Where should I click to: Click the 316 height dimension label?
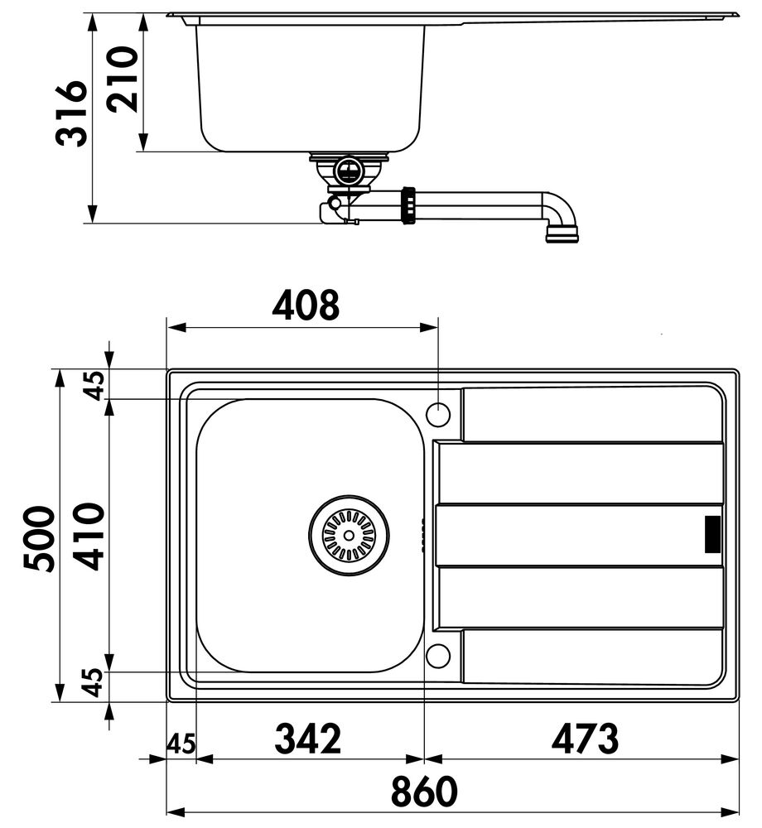tap(71, 113)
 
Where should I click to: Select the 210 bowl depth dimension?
tap(123, 79)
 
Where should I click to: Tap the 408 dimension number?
tap(306, 305)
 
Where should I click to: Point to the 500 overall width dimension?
tap(39, 539)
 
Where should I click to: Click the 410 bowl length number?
tap(89, 537)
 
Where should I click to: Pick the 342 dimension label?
tap(308, 739)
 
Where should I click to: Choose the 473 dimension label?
tap(585, 739)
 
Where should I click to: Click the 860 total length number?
tap(424, 791)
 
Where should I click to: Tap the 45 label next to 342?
tap(181, 744)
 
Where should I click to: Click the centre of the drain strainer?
tap(349, 536)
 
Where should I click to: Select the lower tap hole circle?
tap(438, 656)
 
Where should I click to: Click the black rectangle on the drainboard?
tap(713, 534)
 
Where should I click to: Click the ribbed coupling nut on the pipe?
tap(408, 205)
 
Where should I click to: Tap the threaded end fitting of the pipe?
tap(562, 234)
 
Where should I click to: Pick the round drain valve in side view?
tap(348, 170)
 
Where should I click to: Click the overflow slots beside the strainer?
tap(423, 535)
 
